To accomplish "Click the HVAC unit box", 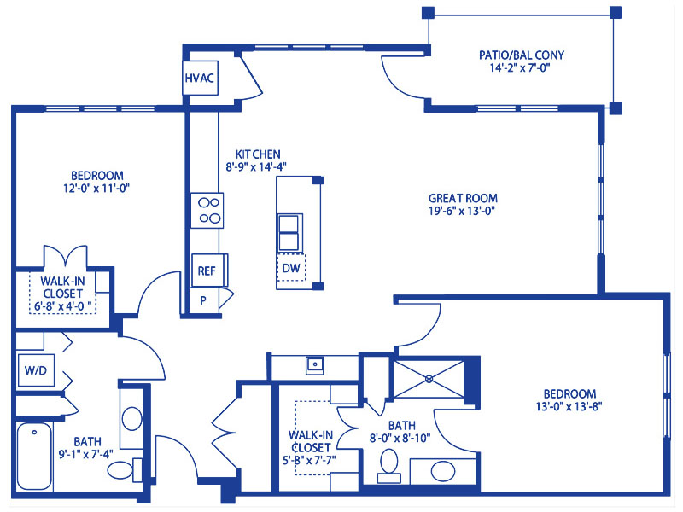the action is pos(200,78).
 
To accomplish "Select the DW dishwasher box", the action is pos(291,268).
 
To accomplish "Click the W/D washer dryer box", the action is pos(36,370).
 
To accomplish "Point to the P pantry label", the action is pos(203,300).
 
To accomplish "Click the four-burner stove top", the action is pos(207,210).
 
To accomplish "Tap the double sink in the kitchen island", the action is pos(289,232).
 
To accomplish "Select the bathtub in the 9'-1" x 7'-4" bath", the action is pos(34,457).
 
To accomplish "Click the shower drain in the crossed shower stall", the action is pos(429,379).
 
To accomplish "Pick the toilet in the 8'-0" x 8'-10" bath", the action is pos(389,466).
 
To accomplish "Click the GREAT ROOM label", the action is pos(463,199).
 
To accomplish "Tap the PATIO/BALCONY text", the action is pos(522,55).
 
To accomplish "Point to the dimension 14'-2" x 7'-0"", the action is pos(520,68).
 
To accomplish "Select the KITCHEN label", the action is pos(258,154).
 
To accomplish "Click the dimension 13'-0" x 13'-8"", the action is pos(569,407).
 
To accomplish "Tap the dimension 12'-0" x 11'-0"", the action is pos(96,189).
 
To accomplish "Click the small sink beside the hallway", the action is pos(314,365).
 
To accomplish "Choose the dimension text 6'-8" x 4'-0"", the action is pos(63,306).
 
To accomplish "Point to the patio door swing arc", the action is pos(394,83).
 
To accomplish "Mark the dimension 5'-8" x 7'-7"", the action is pos(309,460).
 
